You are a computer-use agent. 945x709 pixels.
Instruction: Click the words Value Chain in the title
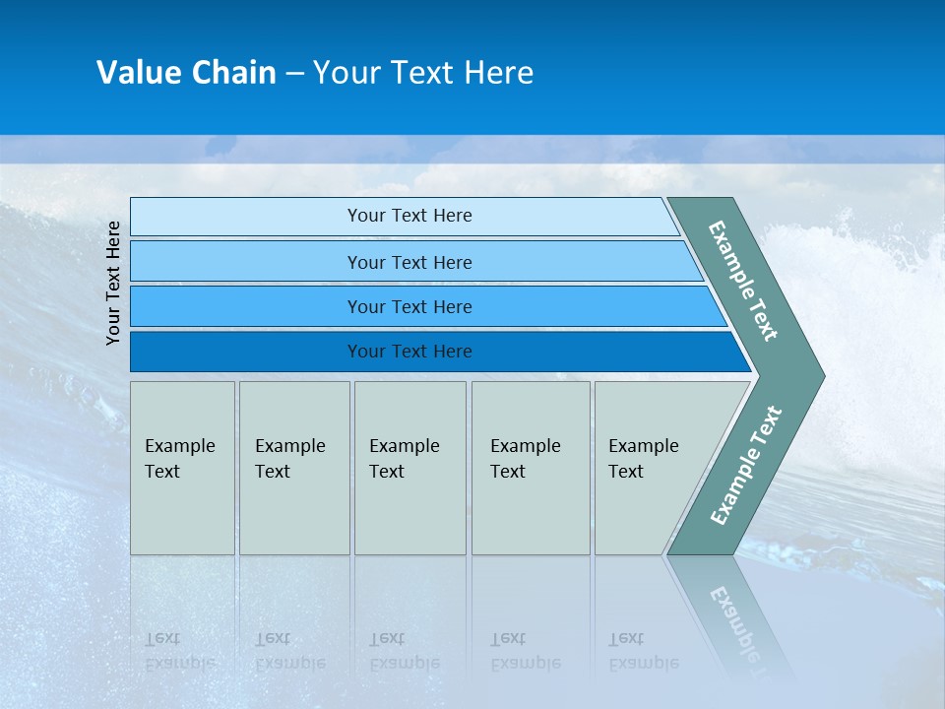(x=186, y=73)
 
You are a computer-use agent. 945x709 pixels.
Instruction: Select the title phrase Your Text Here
(x=423, y=73)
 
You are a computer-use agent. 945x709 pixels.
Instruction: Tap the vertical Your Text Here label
(x=113, y=283)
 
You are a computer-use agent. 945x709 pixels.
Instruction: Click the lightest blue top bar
(x=246, y=217)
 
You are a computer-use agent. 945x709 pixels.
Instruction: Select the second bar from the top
(x=246, y=262)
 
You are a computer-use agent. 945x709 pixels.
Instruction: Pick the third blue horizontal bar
(x=246, y=307)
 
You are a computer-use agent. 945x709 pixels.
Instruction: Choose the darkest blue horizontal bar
(x=246, y=352)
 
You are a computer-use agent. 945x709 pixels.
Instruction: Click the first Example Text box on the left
(x=182, y=468)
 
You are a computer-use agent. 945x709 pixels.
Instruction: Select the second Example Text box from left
(x=294, y=468)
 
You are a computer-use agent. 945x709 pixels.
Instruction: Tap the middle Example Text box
(x=409, y=468)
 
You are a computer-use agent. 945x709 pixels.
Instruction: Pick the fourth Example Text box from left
(x=531, y=468)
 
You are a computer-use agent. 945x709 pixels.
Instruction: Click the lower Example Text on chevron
(x=745, y=466)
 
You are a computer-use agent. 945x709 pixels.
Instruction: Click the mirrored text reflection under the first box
(x=179, y=651)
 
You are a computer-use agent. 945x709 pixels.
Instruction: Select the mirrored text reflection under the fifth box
(x=643, y=651)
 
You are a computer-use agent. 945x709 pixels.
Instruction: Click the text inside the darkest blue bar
(x=409, y=352)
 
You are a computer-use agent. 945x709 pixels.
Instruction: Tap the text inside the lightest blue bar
(x=409, y=216)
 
